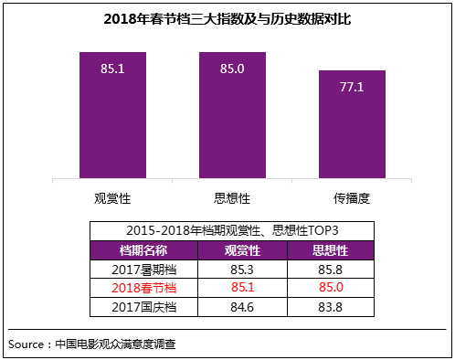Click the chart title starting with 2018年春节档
click(227, 18)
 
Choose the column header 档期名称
click(143, 249)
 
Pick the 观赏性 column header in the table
click(243, 249)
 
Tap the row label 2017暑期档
click(143, 269)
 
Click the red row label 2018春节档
click(143, 288)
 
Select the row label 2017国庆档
click(143, 307)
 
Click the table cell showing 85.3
click(243, 269)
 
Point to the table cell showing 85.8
click(330, 269)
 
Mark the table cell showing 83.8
click(330, 307)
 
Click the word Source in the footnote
click(27, 344)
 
